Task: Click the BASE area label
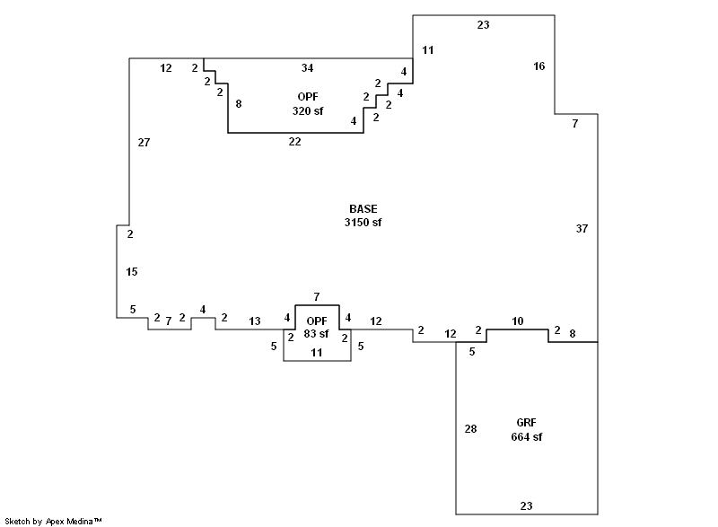pos(363,208)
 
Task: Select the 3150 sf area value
pos(363,222)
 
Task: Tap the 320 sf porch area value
pos(308,110)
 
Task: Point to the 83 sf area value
pos(317,334)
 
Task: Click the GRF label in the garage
pos(527,423)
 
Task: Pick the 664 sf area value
pos(527,437)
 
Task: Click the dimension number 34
pos(308,67)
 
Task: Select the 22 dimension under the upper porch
pos(294,142)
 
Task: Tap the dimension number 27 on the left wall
pos(144,142)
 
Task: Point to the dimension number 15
pos(132,271)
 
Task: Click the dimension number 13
pos(255,321)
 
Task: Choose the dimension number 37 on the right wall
pos(582,228)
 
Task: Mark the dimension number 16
pos(538,66)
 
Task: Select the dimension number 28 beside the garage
pos(470,428)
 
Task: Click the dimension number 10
pos(517,321)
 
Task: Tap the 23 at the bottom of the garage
pos(526,505)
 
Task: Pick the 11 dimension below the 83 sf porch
pos(317,353)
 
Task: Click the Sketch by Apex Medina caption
pos(54,521)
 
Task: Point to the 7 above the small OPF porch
pos(316,296)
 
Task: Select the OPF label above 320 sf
pos(308,96)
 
